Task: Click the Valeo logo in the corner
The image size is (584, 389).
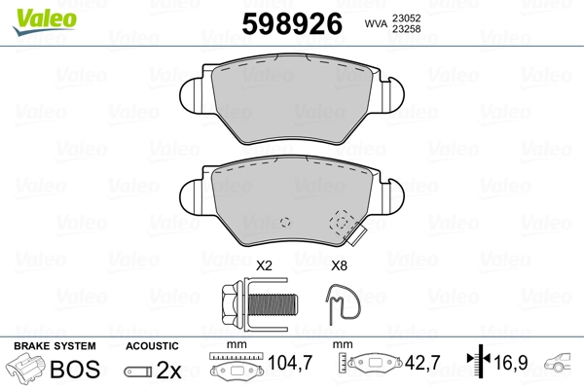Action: click(45, 21)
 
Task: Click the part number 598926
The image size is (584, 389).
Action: click(292, 23)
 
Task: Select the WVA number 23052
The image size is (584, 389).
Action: click(406, 18)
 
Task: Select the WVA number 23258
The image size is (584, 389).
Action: click(406, 28)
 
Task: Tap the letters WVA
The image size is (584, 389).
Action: click(376, 23)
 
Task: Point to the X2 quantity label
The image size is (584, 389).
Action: click(264, 265)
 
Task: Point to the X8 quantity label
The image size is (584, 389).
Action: click(339, 265)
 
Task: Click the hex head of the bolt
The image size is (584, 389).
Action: click(232, 304)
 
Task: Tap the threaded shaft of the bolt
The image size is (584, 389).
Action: click(273, 303)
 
